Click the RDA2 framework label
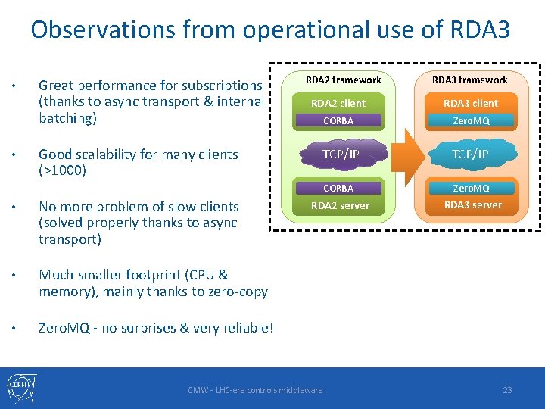click(x=343, y=80)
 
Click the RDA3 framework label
click(x=470, y=80)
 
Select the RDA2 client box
click(x=338, y=103)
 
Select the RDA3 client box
click(x=470, y=103)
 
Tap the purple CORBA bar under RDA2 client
click(x=338, y=120)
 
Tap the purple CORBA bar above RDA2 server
click(x=338, y=188)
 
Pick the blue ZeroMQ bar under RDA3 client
click(x=471, y=120)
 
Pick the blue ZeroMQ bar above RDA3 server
click(x=471, y=188)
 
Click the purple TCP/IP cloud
click(x=341, y=154)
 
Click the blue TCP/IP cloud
click(x=470, y=154)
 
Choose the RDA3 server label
click(x=472, y=204)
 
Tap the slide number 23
click(x=507, y=390)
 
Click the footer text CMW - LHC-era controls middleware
click(x=255, y=390)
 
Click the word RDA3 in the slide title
click(x=479, y=30)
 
